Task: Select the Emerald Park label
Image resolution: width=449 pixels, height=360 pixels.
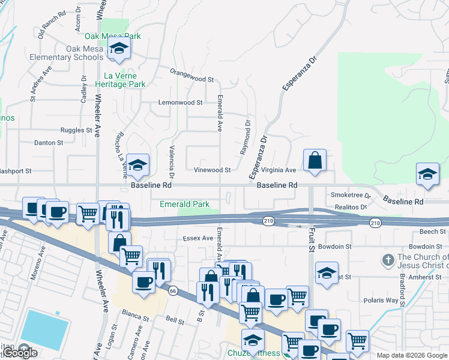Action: (184, 204)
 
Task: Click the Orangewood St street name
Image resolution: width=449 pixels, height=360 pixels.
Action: (191, 79)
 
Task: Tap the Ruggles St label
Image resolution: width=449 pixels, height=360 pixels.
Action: (76, 130)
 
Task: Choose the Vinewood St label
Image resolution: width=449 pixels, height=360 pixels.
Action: (211, 170)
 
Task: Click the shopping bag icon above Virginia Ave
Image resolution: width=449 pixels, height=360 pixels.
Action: (315, 161)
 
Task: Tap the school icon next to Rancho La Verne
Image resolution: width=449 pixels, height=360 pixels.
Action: (137, 166)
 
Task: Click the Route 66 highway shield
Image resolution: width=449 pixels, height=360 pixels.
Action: (173, 290)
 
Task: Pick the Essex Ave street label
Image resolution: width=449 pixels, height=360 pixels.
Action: (198, 238)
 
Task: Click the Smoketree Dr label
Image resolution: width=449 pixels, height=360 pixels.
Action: (350, 196)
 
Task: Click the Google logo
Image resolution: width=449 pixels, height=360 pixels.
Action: (19, 353)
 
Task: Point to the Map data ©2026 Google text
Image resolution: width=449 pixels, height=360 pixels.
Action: (411, 355)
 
